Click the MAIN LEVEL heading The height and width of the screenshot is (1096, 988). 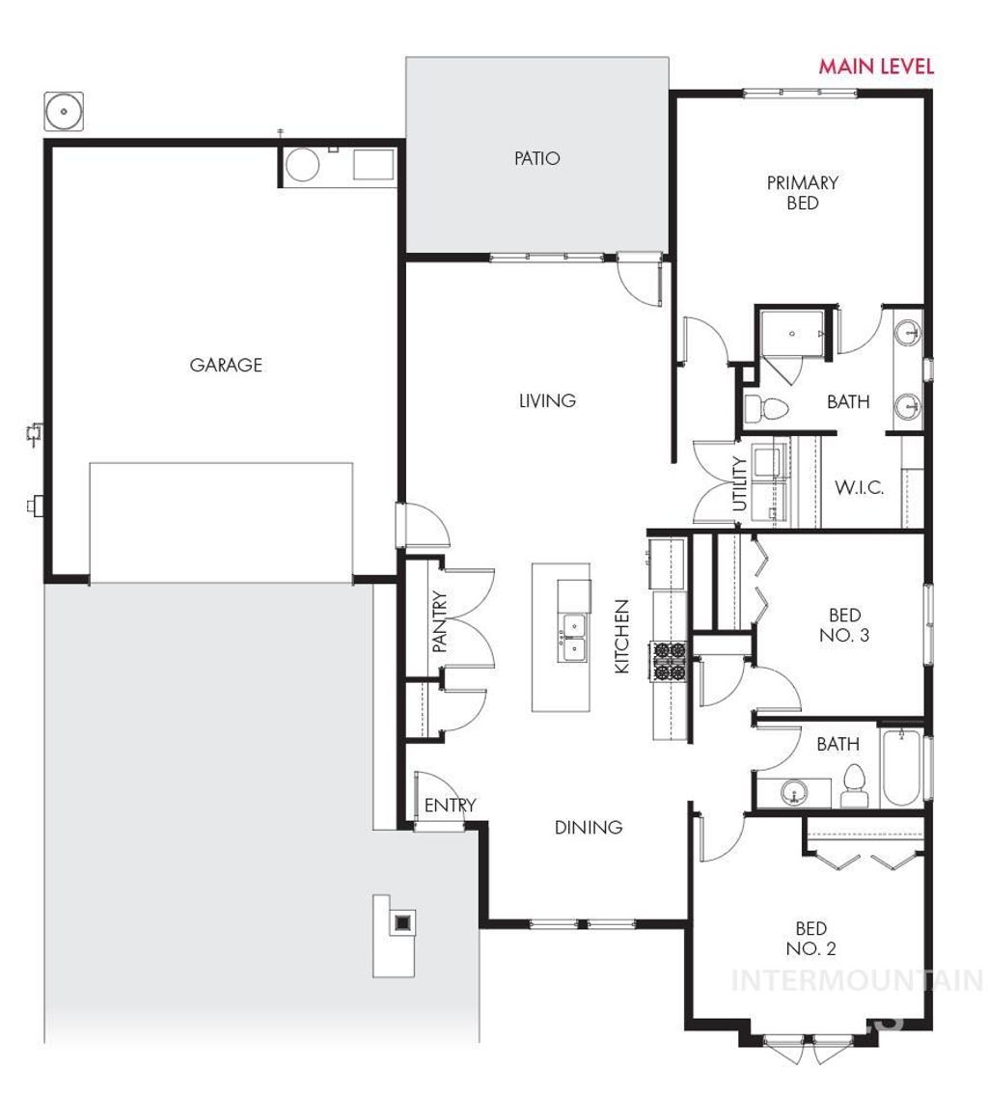point(876,67)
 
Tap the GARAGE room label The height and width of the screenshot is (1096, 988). point(226,365)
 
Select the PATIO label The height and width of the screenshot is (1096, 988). point(536,158)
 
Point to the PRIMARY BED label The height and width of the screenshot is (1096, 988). point(802,192)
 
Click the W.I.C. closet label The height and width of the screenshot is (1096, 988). point(860,487)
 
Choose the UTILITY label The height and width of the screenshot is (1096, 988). point(740,483)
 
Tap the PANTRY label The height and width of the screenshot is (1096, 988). point(440,622)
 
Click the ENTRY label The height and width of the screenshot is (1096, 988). point(450,806)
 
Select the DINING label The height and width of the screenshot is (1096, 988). point(588,827)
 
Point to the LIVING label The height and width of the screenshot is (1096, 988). point(547,400)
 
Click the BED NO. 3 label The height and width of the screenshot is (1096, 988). point(844,625)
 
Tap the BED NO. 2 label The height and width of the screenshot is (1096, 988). point(810,938)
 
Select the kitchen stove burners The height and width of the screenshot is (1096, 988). point(670,661)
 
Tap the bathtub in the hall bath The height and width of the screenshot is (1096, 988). point(902,769)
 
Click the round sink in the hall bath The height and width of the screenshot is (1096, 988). point(794,794)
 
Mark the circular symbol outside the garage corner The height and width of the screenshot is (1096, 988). point(65,112)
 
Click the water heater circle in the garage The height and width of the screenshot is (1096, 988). point(302,166)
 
